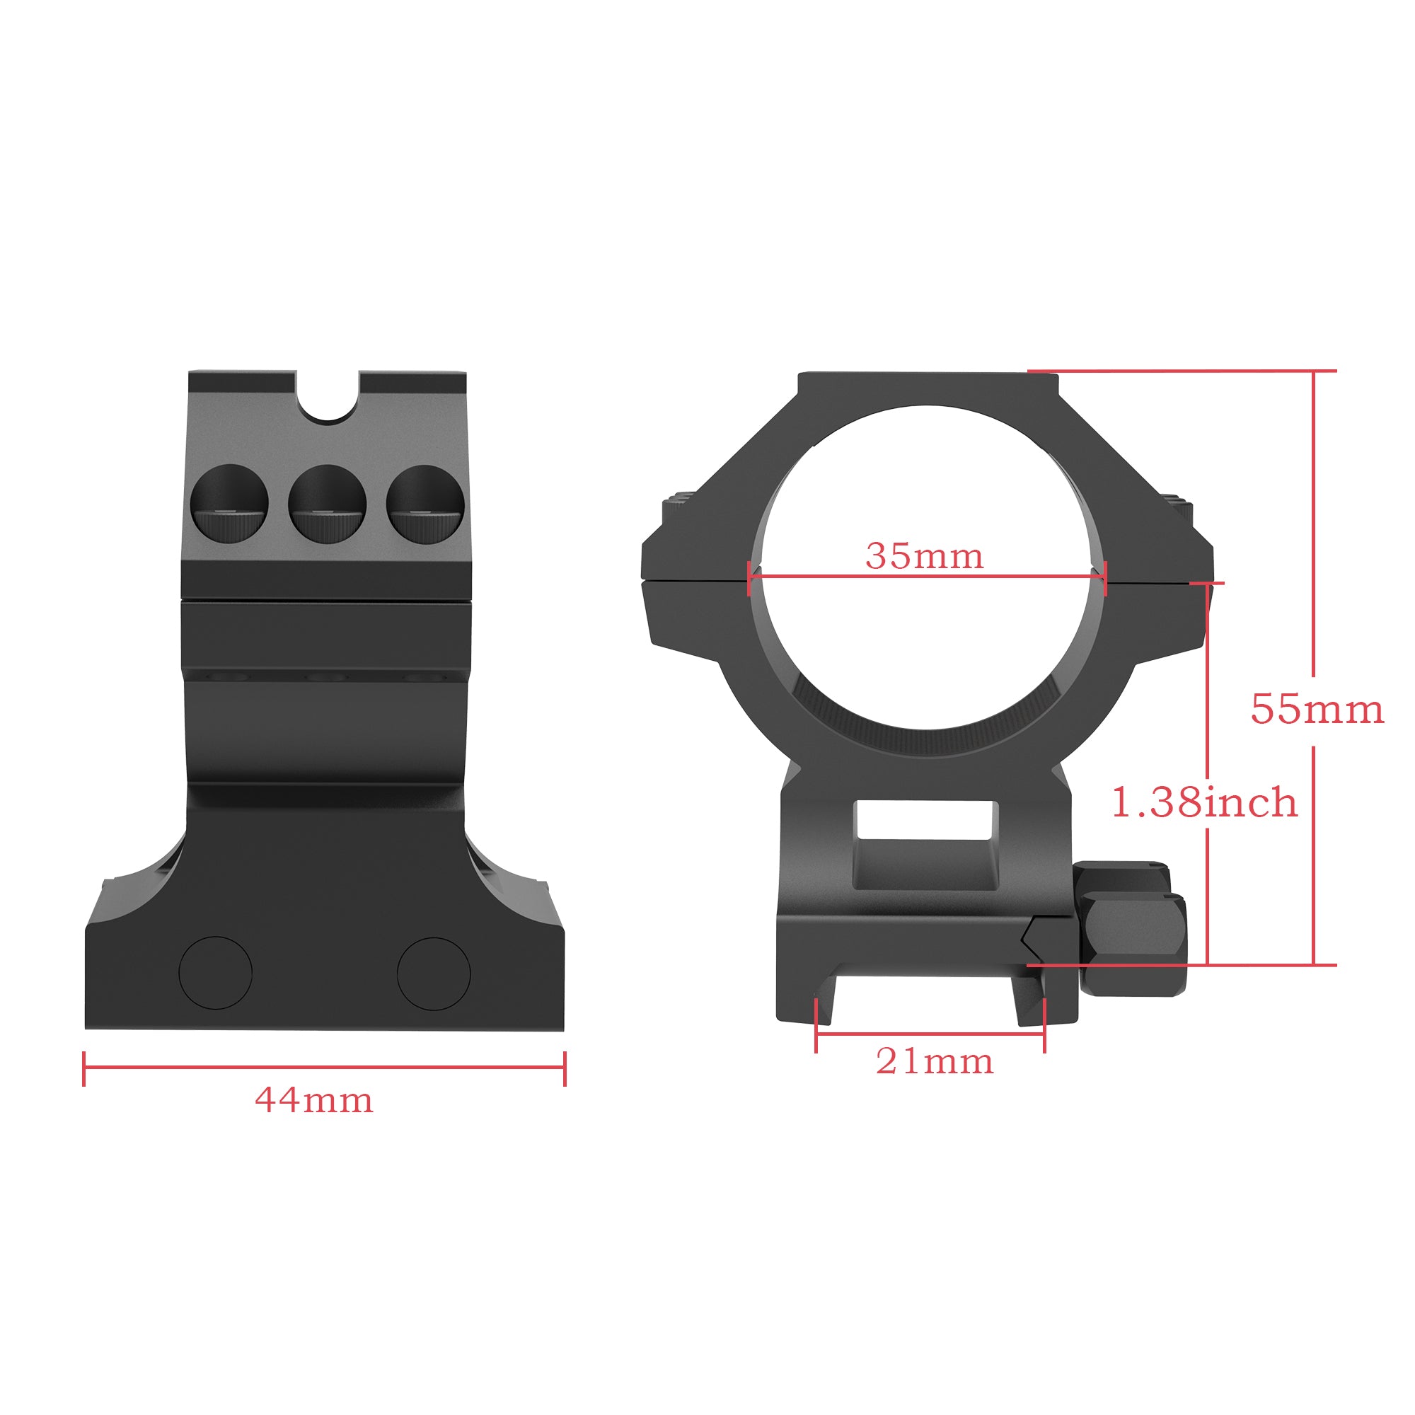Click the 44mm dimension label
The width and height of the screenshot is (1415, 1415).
tap(314, 1101)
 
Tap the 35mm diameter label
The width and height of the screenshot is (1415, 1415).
tap(924, 557)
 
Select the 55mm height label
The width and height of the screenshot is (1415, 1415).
tap(1317, 710)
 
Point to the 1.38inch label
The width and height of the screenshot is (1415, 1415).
tap(1204, 803)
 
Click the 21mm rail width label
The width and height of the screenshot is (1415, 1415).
tap(935, 1061)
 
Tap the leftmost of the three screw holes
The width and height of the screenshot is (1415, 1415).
tap(230, 504)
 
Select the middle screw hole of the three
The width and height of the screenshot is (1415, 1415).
tap(328, 504)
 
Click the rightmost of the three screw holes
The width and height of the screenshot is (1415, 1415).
tap(424, 504)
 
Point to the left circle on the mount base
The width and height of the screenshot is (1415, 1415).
tap(216, 974)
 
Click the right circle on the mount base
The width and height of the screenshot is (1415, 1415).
tap(434, 974)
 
